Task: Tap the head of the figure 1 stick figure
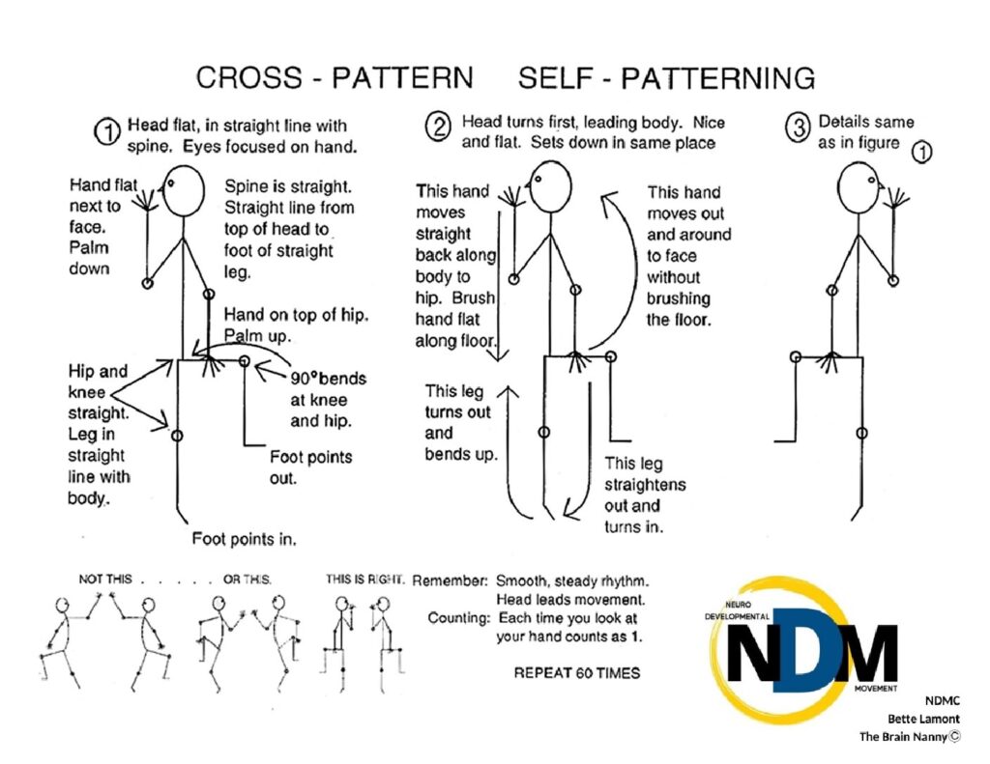tap(184, 190)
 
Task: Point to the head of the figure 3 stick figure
tap(859, 186)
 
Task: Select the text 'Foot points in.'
tap(244, 538)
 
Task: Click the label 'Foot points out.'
tap(310, 467)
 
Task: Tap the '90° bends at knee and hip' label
tap(328, 399)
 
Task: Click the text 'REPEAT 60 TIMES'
tap(576, 672)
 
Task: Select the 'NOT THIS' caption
tap(103, 580)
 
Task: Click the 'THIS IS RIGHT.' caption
tap(364, 580)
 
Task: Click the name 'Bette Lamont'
tap(923, 719)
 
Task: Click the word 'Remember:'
tap(450, 581)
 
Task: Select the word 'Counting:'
tap(458, 618)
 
